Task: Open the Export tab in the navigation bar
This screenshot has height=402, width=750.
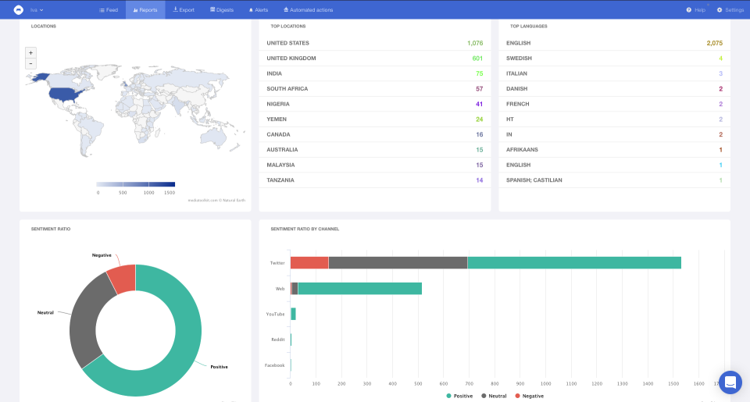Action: click(x=184, y=10)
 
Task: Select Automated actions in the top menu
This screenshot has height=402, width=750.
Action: click(x=309, y=10)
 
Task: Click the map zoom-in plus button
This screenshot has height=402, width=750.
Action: click(x=30, y=52)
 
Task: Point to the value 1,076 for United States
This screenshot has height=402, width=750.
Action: click(x=475, y=43)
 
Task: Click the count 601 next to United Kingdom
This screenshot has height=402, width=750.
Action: click(x=477, y=59)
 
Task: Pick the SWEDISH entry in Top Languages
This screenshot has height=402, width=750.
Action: click(x=519, y=59)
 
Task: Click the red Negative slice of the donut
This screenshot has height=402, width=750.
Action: click(x=123, y=278)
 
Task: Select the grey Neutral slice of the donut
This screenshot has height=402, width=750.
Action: click(x=84, y=320)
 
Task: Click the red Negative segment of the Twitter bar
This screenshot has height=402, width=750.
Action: click(x=309, y=262)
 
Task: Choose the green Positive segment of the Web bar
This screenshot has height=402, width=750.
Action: click(x=359, y=289)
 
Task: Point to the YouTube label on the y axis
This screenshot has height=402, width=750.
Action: click(x=275, y=314)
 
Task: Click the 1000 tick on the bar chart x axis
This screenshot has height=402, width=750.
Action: click(x=545, y=384)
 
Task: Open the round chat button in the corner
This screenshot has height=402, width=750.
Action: click(x=730, y=382)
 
